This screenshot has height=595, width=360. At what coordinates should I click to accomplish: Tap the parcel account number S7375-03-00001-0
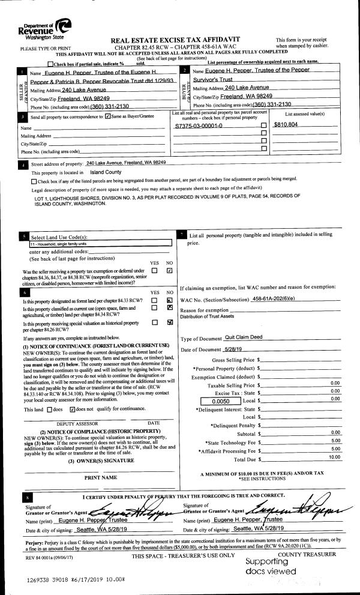click(199, 127)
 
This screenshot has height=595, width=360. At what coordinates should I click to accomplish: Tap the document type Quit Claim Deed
click(246, 338)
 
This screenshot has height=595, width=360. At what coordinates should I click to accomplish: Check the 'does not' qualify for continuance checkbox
click(73, 409)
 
